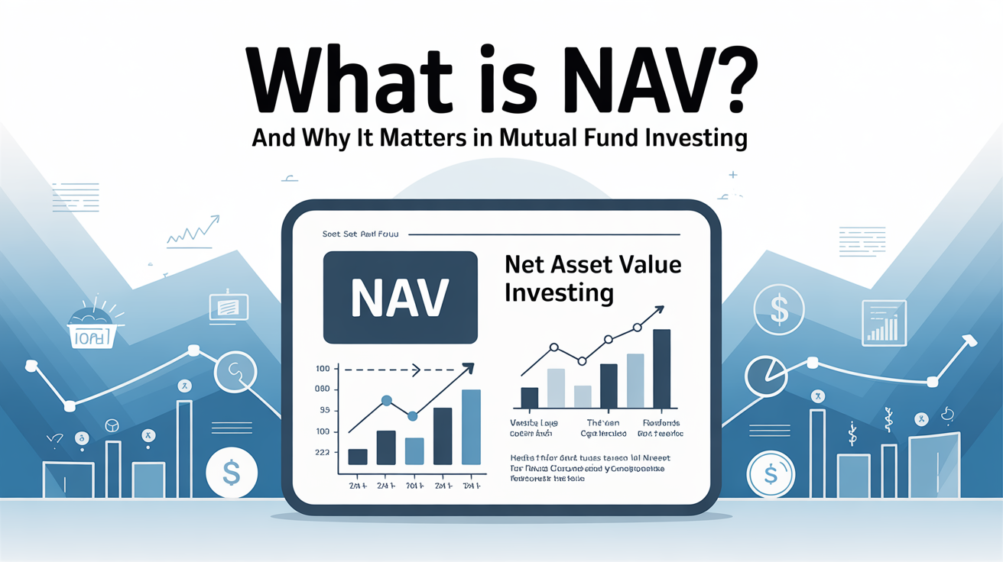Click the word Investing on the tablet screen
[558, 292]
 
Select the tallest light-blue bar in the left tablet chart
[471, 427]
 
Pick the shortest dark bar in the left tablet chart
[358, 457]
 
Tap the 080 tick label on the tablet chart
[322, 389]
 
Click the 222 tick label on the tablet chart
[322, 452]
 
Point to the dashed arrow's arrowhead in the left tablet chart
[417, 370]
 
